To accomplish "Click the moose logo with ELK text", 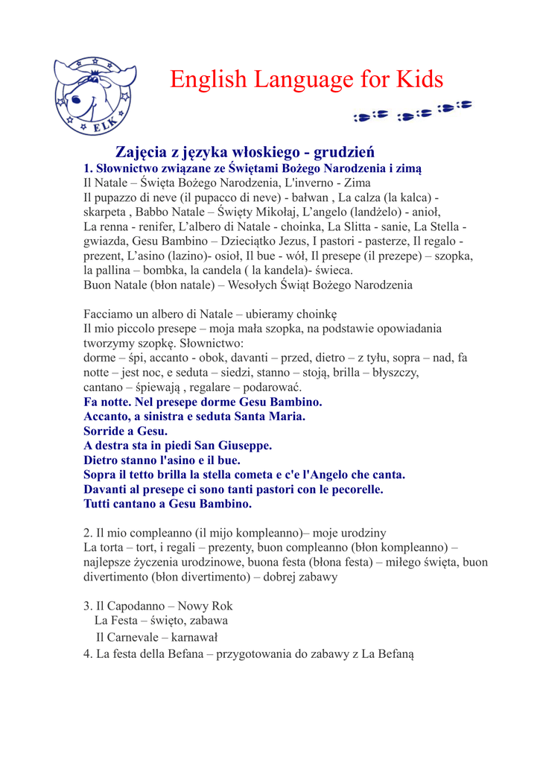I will (95, 95).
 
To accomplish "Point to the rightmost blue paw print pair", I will (455, 108).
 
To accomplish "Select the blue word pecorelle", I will (352, 490).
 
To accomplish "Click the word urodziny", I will (361, 533).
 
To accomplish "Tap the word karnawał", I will (194, 637).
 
